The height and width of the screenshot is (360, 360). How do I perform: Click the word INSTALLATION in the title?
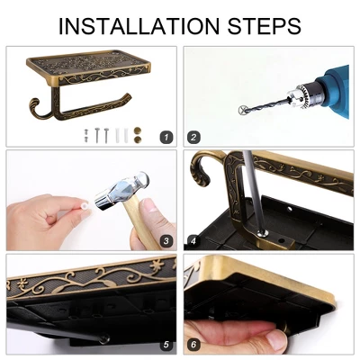pyautogui.click(x=139, y=26)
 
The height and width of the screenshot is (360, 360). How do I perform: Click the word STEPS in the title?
pyautogui.click(x=265, y=26)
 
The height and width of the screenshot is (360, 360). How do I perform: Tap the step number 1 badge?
pyautogui.click(x=166, y=138)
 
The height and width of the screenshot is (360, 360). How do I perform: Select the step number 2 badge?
pyautogui.click(x=193, y=138)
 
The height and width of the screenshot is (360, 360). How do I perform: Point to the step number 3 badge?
pyautogui.click(x=166, y=241)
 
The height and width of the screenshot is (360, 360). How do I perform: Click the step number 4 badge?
pyautogui.click(x=193, y=241)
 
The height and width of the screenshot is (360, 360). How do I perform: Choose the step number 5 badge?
pyautogui.click(x=166, y=345)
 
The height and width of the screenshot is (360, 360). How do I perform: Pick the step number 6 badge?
pyautogui.click(x=193, y=345)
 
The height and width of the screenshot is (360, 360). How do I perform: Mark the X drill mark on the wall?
pyautogui.click(x=243, y=110)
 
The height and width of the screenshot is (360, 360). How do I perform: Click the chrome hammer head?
pyautogui.click(x=121, y=190)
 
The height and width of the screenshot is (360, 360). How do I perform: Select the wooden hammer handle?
pyautogui.click(x=141, y=223)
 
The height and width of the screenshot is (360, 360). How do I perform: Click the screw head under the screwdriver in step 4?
pyautogui.click(x=263, y=233)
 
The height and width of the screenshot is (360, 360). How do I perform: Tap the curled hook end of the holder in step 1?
pyautogui.click(x=35, y=109)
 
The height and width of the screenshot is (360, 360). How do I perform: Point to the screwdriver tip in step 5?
pyautogui.click(x=104, y=339)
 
